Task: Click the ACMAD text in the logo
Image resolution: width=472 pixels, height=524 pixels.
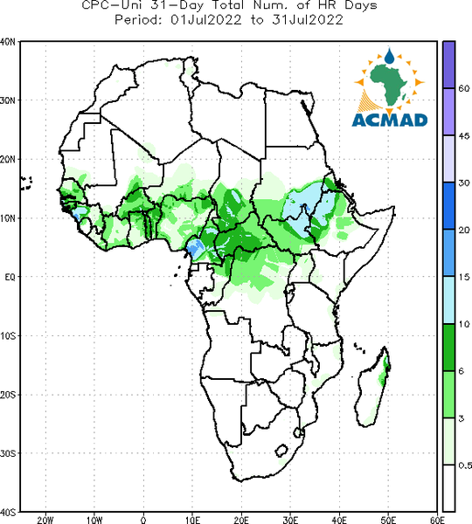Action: pos(390,120)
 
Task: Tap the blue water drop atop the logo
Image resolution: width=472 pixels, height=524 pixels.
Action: pos(389,56)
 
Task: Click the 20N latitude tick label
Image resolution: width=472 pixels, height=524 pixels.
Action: pos(8,159)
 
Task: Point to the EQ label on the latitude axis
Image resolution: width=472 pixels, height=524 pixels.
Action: pos(10,277)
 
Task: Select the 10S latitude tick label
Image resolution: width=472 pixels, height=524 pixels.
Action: pos(8,336)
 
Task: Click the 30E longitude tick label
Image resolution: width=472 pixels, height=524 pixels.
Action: pos(290,520)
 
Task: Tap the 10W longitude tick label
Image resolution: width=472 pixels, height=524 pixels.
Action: pos(94,520)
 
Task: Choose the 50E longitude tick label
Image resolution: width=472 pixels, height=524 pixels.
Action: pos(388,520)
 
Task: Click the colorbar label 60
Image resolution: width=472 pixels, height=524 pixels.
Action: pos(464,88)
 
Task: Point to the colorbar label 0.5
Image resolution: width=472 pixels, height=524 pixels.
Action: pos(465,465)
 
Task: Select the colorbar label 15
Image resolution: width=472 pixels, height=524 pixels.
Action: pos(463,277)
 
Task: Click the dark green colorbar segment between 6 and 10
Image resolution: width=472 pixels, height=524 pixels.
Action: pos(448,348)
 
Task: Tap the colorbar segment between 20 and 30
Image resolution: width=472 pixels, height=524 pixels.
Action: pos(448,206)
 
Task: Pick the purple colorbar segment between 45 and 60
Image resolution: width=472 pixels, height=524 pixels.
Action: pos(448,112)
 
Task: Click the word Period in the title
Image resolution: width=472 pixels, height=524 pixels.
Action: pos(138,20)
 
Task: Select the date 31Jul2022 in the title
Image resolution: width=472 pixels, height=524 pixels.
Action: pos(308,20)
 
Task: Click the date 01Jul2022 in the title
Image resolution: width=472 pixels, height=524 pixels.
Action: pos(206,20)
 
